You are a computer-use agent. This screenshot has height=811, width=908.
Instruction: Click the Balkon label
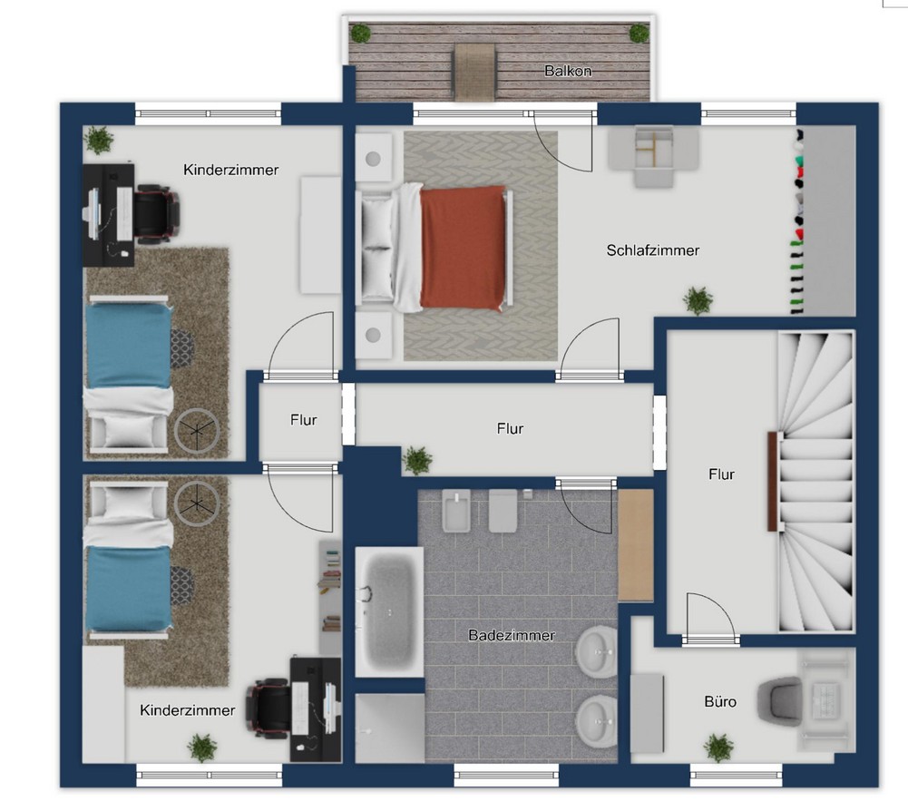coord(568,71)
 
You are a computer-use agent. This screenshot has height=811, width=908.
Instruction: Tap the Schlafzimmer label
coord(652,250)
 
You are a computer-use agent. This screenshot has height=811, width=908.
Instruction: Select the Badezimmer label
coord(512,636)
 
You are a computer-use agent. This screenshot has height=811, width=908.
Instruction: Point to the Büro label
coord(720,701)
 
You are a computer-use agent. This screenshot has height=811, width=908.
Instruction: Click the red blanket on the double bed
coord(463,248)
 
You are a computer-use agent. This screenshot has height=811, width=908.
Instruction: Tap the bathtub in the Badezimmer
coord(389,611)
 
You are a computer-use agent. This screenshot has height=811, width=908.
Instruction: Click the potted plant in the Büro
coord(718,747)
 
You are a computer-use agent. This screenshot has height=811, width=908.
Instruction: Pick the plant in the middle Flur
coord(417,461)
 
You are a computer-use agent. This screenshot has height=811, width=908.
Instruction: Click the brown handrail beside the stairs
coord(772,481)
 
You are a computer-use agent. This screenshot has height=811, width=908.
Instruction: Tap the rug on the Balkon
coord(474,73)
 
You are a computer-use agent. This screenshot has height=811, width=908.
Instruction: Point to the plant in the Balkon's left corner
coord(360,33)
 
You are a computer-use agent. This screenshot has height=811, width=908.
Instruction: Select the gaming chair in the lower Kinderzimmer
coord(269,708)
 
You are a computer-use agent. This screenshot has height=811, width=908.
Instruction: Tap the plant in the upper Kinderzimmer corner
coord(99,140)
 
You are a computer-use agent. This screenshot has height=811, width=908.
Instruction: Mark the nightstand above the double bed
coord(374,158)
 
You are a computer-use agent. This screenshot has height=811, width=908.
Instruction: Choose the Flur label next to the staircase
coord(721,474)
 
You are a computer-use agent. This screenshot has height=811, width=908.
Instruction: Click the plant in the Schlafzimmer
coord(698,300)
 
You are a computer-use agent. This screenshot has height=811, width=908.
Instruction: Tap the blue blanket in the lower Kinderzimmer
coord(129,588)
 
